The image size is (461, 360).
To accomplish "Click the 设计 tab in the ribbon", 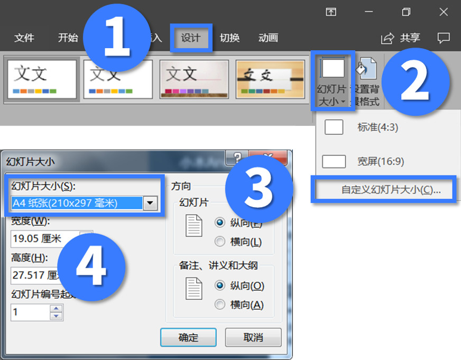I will (x=191, y=38).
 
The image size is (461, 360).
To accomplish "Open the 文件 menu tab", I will (x=24, y=38).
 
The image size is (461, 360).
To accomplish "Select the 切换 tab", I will (x=229, y=38).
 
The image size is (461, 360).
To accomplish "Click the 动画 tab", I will (x=268, y=38).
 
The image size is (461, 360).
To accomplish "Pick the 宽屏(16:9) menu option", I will (x=380, y=161).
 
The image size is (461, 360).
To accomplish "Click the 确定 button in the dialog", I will (x=188, y=337).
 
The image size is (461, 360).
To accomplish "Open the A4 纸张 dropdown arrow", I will (x=151, y=203).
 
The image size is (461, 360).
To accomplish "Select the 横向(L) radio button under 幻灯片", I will (x=220, y=242).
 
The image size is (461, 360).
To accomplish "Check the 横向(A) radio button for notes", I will (x=220, y=304).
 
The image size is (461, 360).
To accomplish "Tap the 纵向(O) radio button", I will (x=220, y=285).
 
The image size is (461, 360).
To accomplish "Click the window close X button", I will (x=444, y=12).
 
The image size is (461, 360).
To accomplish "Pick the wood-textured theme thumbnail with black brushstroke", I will (x=270, y=79).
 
